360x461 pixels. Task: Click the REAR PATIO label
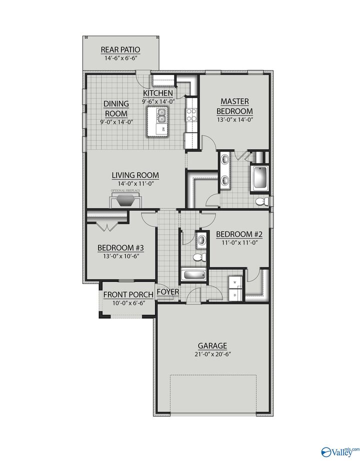pos(120,49)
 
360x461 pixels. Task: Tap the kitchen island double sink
pos(161,118)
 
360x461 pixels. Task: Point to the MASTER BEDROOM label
pos(234,106)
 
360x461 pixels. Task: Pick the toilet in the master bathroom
pos(261,201)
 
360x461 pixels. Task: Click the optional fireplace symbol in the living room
pos(124,200)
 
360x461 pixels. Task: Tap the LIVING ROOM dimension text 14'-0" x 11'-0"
pos(135,183)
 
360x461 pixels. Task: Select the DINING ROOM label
pos(116,108)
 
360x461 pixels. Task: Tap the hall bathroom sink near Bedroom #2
pos(200,239)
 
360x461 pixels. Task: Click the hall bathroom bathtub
pos(193,275)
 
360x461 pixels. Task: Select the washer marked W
pos(235,282)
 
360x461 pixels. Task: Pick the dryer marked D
pos(235,294)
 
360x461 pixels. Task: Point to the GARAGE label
pos(212,345)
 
